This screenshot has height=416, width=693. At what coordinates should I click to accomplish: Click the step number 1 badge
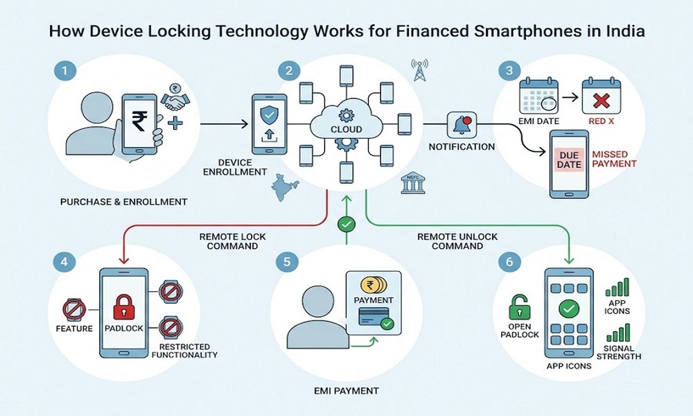65,71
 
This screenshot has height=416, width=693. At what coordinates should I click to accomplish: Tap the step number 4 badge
64,261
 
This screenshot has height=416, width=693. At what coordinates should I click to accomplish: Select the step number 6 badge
509,261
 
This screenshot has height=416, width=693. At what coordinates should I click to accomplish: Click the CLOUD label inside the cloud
346,129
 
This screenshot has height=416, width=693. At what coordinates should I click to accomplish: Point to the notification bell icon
462,125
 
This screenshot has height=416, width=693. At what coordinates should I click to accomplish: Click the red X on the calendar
601,101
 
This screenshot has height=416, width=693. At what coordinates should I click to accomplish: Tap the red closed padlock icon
124,307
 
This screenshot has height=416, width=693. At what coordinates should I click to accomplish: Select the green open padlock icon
519,307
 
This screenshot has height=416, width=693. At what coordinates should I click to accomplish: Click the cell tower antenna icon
419,70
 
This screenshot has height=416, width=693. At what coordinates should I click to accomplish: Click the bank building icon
413,182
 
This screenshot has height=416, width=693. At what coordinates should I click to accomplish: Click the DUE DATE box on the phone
569,159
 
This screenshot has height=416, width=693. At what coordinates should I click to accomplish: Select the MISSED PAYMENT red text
614,159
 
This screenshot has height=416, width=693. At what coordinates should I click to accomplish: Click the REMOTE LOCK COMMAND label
232,241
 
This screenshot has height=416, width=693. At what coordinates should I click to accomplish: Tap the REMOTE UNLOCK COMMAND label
457,241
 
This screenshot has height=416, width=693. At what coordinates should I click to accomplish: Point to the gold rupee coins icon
374,285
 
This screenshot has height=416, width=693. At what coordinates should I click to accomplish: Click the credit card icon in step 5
374,317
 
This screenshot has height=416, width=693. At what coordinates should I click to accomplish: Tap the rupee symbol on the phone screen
139,121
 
